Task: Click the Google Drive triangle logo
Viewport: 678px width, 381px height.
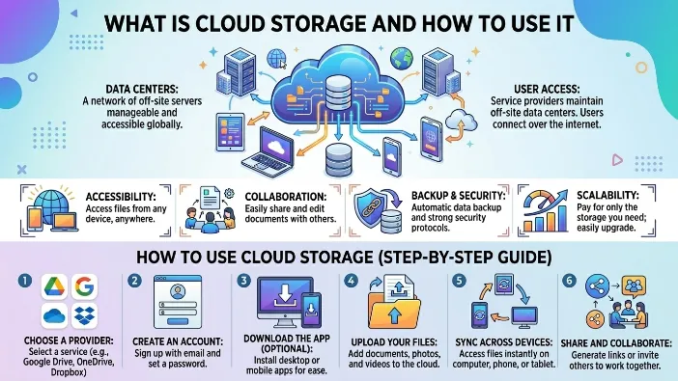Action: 54,286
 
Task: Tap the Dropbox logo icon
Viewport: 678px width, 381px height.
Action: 84,315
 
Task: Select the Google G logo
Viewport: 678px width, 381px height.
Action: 84,286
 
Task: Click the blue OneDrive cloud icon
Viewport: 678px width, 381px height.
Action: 54,315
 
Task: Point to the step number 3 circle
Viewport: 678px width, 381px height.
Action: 243,281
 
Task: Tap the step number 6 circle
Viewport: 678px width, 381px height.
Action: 569,281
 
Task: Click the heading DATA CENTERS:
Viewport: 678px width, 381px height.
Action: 142,90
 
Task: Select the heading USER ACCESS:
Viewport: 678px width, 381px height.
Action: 547,90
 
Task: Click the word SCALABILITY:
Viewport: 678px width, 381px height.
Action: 607,195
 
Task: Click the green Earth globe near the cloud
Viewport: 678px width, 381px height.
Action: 401,59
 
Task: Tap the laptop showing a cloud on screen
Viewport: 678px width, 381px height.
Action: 268,153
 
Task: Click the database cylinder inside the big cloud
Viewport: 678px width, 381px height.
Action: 339,94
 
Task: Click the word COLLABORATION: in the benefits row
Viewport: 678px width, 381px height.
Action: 285,197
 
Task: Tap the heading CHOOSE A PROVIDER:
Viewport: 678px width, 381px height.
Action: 69,340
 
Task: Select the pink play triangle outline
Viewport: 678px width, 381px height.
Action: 617,160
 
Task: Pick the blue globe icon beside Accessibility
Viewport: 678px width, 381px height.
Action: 51,203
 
